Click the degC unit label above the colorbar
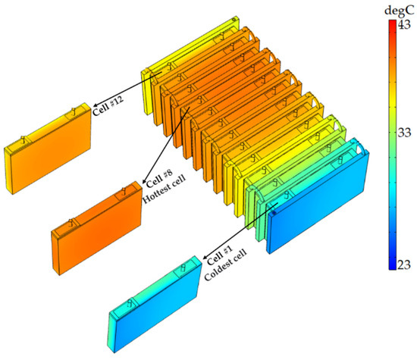[x=399, y=11]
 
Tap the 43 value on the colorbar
[x=404, y=25]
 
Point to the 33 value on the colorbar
[x=404, y=133]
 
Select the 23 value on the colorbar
[x=404, y=265]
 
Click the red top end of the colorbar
[x=392, y=22]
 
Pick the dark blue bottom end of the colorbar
[x=392, y=268]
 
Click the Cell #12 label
[x=108, y=106]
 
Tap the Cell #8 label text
[x=159, y=178]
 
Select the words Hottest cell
[x=164, y=189]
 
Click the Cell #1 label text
[x=220, y=255]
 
